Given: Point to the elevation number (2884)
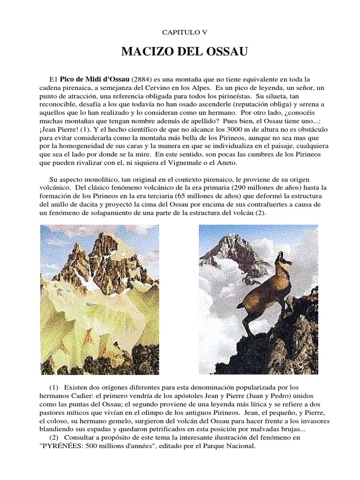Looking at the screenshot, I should [x=142, y=79].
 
